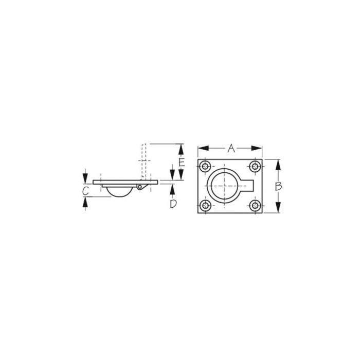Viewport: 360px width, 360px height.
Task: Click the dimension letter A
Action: point(231,149)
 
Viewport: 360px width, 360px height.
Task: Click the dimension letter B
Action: point(278,186)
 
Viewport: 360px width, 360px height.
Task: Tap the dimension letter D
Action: point(173,204)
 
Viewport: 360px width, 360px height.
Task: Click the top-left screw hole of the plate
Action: point(206,167)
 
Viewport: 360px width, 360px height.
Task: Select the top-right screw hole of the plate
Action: point(254,167)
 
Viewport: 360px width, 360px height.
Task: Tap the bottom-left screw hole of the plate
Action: point(206,206)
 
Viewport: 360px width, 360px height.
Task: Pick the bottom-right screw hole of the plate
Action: point(254,206)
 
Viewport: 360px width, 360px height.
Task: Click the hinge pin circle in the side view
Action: point(139,188)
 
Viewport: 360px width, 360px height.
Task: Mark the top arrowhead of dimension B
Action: point(278,163)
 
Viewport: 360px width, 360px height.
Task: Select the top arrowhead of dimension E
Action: point(181,148)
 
